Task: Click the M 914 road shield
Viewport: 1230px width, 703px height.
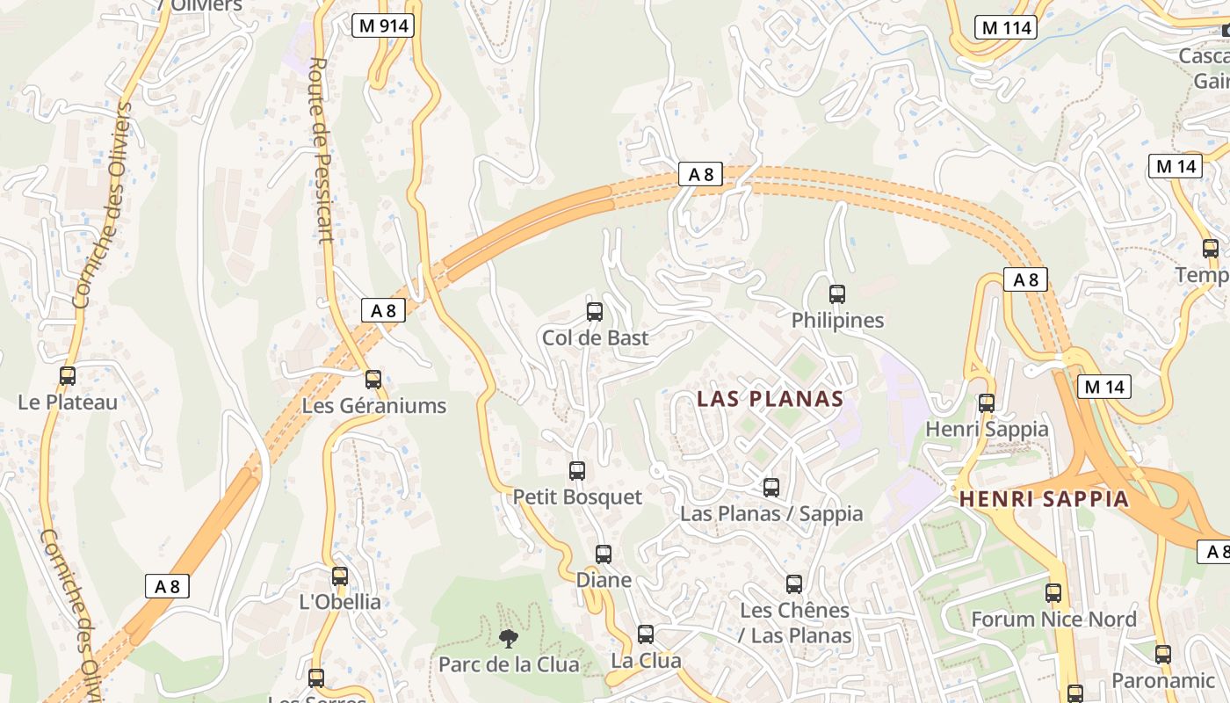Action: tap(384, 25)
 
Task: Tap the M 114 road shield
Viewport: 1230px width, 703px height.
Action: tap(1006, 27)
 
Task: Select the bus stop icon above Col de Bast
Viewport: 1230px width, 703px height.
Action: tap(595, 312)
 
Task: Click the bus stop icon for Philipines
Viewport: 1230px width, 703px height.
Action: tap(837, 294)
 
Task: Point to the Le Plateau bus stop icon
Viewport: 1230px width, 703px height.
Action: tap(68, 376)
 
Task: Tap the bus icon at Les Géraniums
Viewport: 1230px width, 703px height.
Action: tap(373, 380)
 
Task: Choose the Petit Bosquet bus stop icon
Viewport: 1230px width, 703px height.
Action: tap(577, 471)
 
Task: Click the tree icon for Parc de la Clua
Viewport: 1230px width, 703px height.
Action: tap(508, 639)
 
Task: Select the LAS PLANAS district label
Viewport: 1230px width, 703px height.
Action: tap(770, 399)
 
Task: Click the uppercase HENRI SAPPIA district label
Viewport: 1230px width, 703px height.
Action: tap(1044, 499)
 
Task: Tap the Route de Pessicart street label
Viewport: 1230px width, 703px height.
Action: tap(321, 149)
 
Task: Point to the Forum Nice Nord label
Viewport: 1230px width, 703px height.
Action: tap(1053, 620)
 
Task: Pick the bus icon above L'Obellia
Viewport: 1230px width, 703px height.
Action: tap(340, 576)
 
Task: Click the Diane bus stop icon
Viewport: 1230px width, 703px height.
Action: tap(604, 554)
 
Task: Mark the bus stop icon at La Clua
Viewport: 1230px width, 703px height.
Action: tap(646, 634)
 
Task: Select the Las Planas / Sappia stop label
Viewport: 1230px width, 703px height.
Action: tap(771, 513)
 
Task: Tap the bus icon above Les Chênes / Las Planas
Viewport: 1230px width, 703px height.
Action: tap(794, 584)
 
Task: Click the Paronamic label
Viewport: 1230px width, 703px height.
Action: tap(1162, 680)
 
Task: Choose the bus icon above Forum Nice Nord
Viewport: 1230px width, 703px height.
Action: tap(1053, 593)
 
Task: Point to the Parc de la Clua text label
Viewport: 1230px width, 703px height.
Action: tap(509, 664)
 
